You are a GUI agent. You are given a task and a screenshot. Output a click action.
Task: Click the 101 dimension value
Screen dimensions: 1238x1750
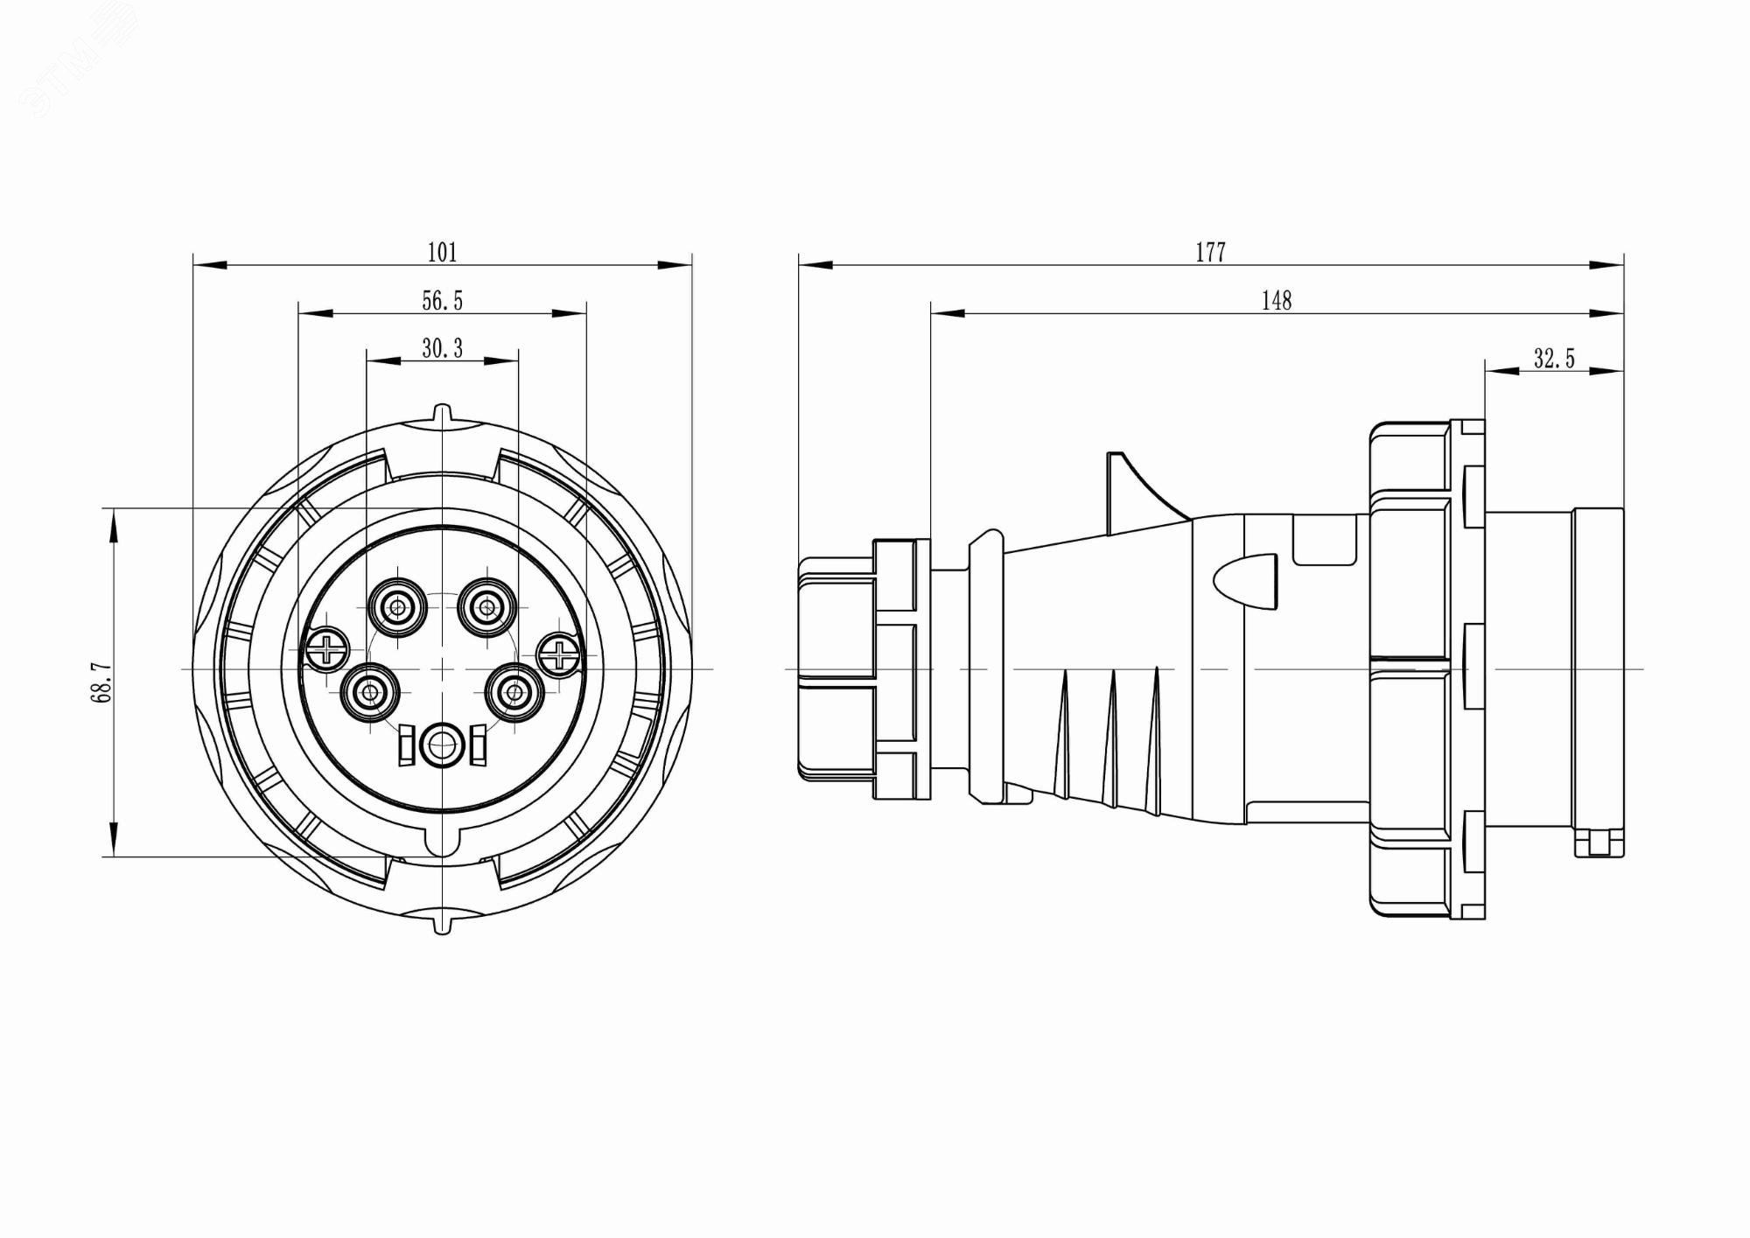click(442, 253)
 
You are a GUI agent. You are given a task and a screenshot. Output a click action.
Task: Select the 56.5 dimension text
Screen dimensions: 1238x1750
click(442, 301)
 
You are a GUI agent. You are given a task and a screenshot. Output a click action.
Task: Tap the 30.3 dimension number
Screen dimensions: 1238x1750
click(442, 349)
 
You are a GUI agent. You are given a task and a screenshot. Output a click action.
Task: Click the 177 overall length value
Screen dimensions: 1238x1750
click(1210, 253)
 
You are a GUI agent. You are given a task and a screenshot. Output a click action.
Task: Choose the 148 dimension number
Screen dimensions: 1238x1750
click(1276, 301)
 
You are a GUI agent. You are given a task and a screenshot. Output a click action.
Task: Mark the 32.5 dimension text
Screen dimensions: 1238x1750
click(1553, 359)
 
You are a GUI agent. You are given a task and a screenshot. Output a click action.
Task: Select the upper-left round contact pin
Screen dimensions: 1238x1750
click(398, 606)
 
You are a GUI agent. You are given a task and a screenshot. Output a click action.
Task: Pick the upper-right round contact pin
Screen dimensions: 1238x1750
click(488, 606)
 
